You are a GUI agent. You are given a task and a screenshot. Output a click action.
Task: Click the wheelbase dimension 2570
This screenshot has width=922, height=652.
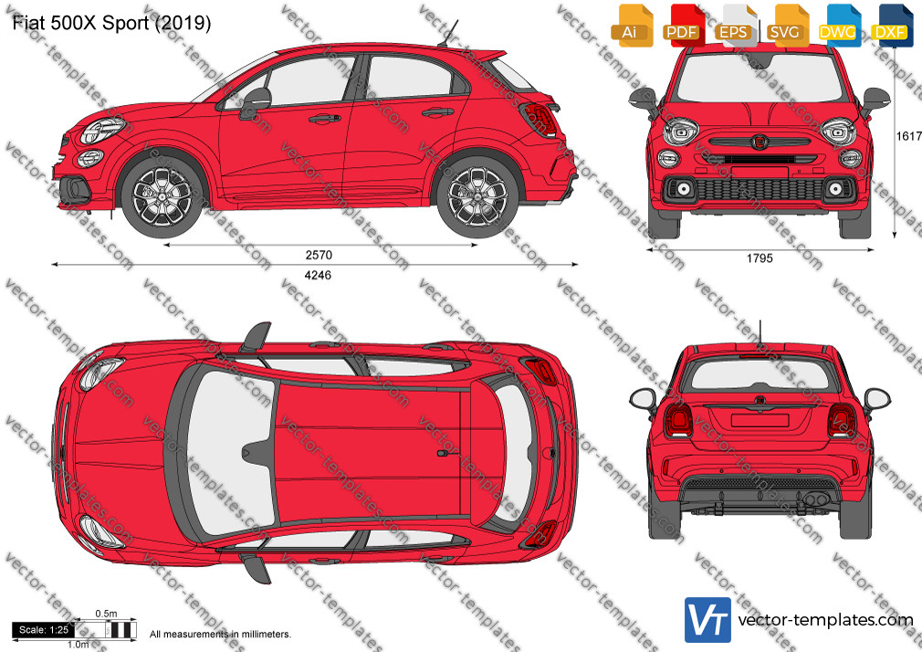(319, 255)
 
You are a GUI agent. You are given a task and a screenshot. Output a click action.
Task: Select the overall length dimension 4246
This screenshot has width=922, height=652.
(318, 275)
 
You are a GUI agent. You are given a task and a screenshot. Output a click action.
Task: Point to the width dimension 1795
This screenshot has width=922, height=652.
(760, 258)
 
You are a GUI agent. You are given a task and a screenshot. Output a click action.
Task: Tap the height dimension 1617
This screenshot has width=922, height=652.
(908, 137)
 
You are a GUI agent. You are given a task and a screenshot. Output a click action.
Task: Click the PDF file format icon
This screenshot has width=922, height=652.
(683, 26)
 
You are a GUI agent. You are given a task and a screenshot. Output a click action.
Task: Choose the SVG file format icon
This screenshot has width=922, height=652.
(786, 26)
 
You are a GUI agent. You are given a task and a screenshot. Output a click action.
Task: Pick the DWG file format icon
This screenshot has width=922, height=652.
(838, 26)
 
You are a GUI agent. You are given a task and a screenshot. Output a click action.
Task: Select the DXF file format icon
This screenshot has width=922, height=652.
(890, 26)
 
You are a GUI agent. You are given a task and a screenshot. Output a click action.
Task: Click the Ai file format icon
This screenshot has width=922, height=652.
(631, 26)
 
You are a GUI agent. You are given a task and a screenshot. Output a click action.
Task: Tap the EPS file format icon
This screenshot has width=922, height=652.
(735, 26)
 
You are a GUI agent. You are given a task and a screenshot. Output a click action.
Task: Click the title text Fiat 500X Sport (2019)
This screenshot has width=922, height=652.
(111, 23)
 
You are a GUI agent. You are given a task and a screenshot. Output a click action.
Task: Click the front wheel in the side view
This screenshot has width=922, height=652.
(162, 195)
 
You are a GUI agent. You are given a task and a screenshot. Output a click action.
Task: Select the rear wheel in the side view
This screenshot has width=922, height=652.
(477, 196)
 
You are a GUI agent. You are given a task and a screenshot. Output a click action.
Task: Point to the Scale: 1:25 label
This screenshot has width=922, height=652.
(44, 630)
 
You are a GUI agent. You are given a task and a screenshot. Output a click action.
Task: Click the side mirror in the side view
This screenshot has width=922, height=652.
(256, 102)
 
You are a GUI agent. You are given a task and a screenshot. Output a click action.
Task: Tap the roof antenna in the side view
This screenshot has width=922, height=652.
(448, 33)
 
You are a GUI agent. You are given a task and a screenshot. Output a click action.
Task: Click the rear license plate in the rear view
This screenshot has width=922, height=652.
(760, 419)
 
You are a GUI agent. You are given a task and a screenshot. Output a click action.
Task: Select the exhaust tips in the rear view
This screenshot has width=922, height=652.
(817, 500)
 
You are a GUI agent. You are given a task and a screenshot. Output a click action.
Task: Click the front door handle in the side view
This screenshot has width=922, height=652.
(325, 119)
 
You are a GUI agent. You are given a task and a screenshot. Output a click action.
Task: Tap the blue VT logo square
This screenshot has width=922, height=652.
(708, 620)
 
